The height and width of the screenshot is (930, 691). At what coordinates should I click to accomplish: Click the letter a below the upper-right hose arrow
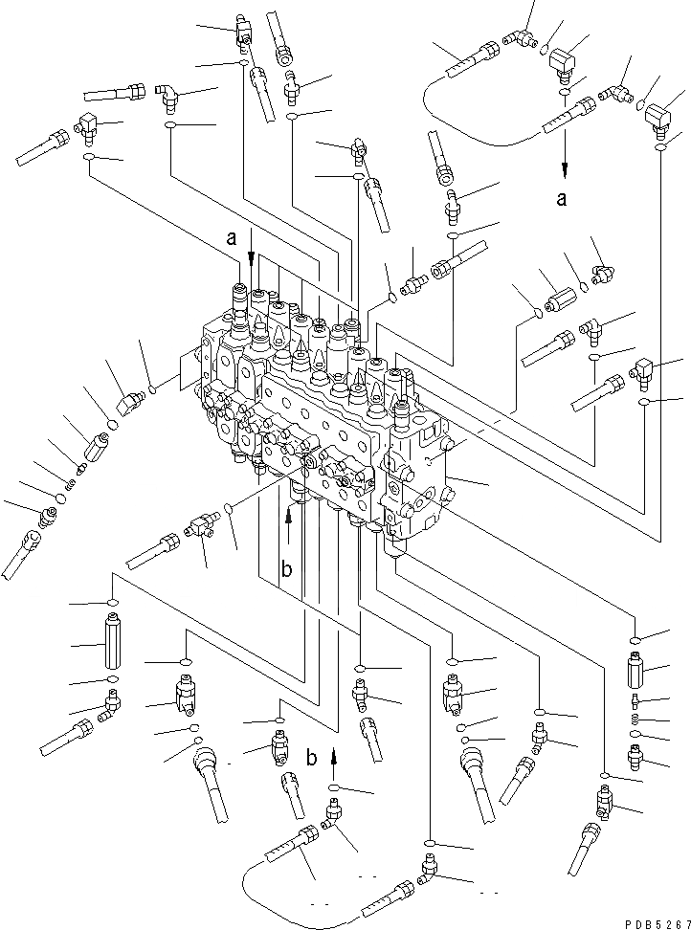click(x=563, y=199)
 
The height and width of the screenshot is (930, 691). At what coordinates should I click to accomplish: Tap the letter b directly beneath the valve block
click(x=285, y=571)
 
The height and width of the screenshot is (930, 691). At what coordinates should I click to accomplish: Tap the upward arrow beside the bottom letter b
click(x=333, y=760)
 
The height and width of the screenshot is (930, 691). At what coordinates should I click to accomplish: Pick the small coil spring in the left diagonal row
click(x=80, y=467)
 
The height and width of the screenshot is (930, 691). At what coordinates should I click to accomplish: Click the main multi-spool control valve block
click(x=325, y=411)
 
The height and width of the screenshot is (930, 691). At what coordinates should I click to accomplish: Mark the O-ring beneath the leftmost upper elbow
click(x=88, y=156)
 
